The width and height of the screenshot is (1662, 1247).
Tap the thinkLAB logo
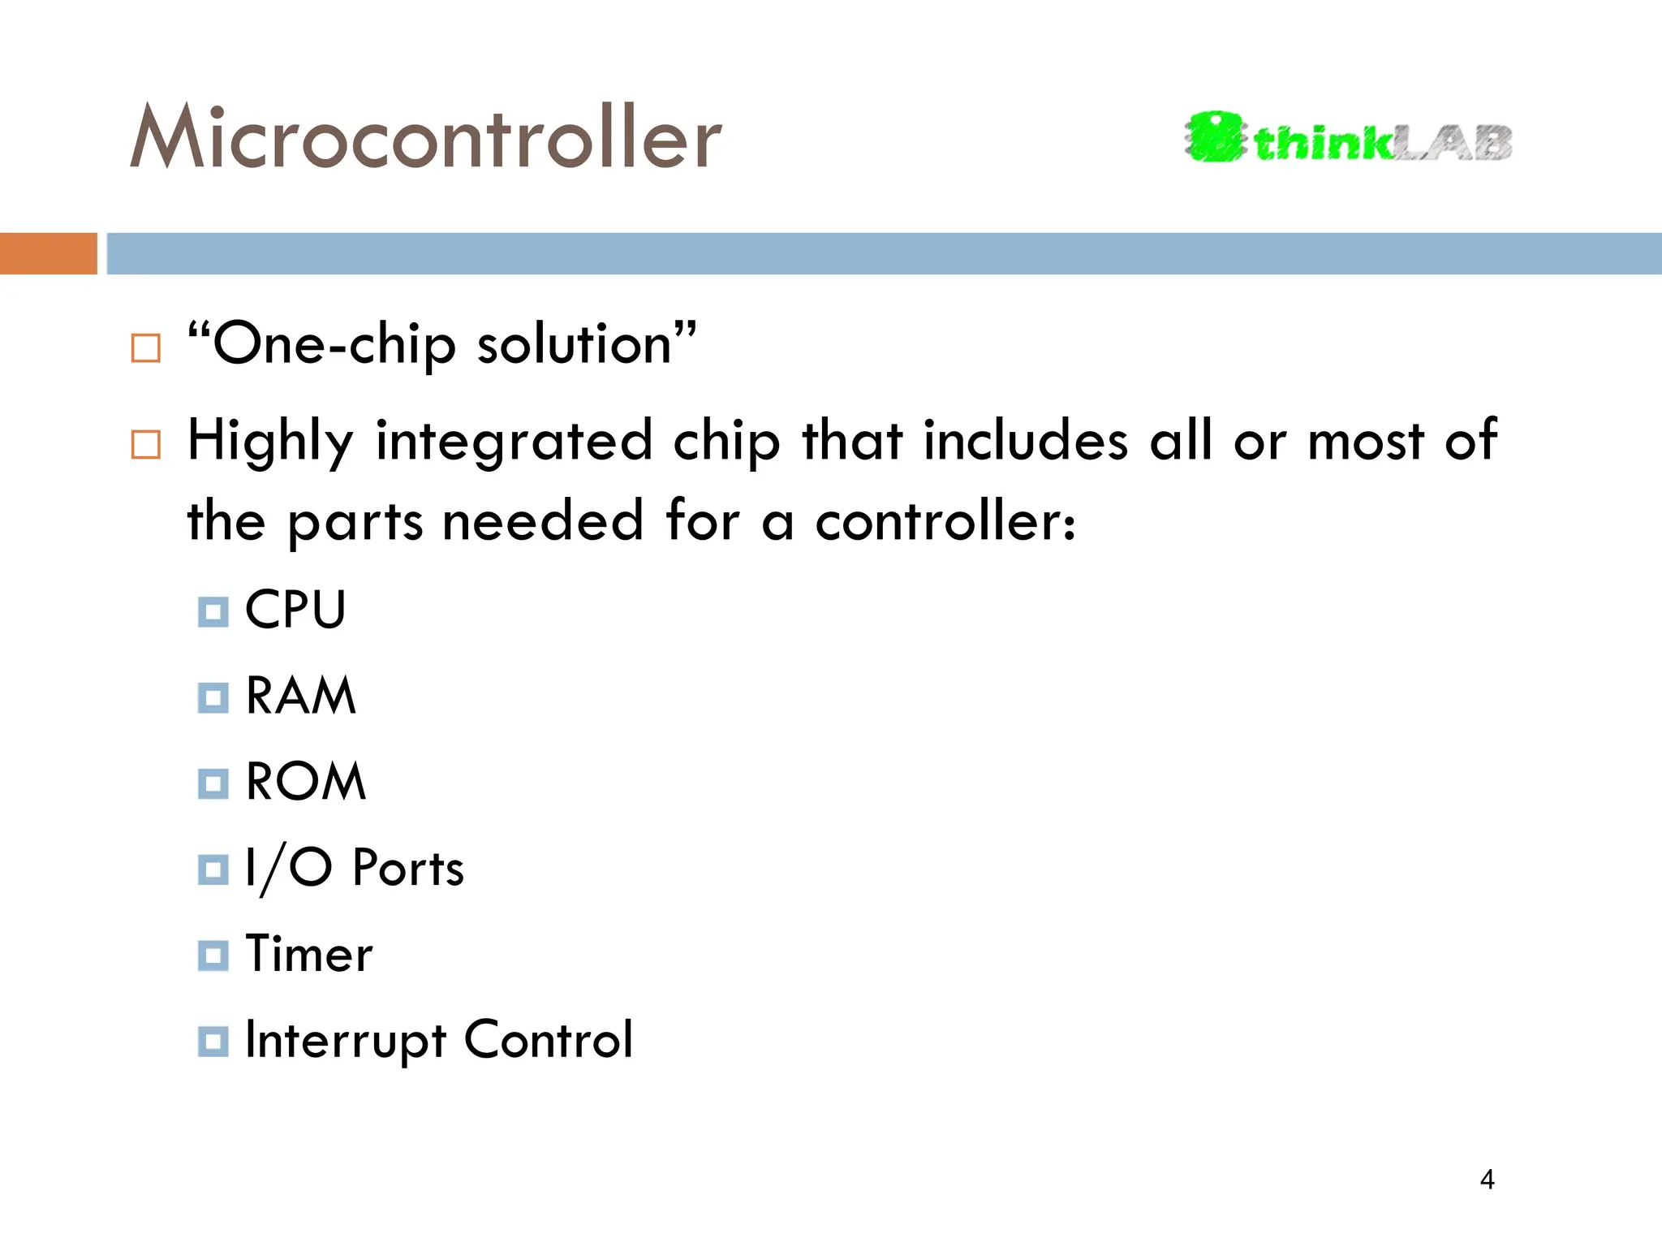(x=1348, y=139)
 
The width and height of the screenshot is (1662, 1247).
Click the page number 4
(x=1487, y=1179)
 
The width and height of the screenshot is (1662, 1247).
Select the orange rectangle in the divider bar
(x=48, y=253)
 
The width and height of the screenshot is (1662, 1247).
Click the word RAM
(x=301, y=696)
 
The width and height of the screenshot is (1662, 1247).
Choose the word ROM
(x=306, y=782)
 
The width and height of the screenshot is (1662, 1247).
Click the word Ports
(x=408, y=868)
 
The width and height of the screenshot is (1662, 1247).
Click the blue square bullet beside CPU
(x=213, y=611)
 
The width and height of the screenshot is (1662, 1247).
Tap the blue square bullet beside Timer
(x=213, y=956)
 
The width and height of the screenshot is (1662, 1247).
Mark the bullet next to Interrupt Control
(x=213, y=1042)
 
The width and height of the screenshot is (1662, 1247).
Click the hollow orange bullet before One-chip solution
(x=146, y=348)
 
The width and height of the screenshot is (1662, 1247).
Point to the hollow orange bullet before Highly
(x=146, y=444)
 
